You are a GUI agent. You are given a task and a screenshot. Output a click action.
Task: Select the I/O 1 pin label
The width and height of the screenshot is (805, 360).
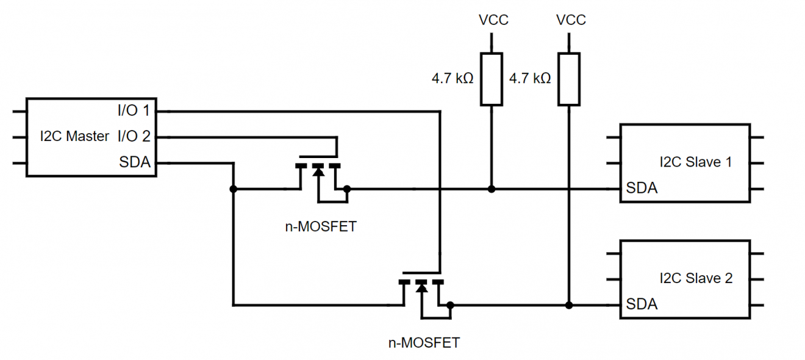click(134, 111)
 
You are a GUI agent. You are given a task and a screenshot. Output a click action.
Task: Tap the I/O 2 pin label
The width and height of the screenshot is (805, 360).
click(134, 136)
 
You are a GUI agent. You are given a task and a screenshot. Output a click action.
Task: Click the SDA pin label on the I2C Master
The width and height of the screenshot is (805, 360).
click(135, 162)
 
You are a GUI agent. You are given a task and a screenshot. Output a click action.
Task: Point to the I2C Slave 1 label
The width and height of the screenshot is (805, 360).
click(696, 162)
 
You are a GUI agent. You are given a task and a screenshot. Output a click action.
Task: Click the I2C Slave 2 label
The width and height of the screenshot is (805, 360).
click(696, 278)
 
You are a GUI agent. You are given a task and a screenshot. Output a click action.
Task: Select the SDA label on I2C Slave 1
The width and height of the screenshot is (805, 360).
click(642, 189)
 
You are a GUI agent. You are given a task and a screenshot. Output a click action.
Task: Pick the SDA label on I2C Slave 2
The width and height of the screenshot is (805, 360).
click(642, 304)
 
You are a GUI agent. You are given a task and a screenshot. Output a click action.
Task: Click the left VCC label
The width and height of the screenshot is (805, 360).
click(493, 20)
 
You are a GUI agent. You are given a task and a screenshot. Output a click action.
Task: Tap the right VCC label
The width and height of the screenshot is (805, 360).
click(570, 20)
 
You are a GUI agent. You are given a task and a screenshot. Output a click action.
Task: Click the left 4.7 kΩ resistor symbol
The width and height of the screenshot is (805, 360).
click(492, 79)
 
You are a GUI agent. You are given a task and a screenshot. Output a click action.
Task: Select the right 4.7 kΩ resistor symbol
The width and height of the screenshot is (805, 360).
click(569, 79)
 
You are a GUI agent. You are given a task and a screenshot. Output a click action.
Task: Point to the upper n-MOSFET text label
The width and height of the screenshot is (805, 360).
click(321, 227)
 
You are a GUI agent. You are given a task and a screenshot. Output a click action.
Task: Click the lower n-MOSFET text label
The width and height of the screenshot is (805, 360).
click(424, 342)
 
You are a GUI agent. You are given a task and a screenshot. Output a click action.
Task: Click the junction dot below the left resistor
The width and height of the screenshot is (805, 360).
click(492, 189)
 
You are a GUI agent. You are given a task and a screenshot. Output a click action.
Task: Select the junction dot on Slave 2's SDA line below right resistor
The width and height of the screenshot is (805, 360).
click(569, 305)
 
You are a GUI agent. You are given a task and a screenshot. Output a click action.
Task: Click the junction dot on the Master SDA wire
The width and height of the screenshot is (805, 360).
click(233, 189)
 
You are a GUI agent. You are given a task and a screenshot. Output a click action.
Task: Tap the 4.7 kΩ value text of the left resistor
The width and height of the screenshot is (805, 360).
click(453, 79)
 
